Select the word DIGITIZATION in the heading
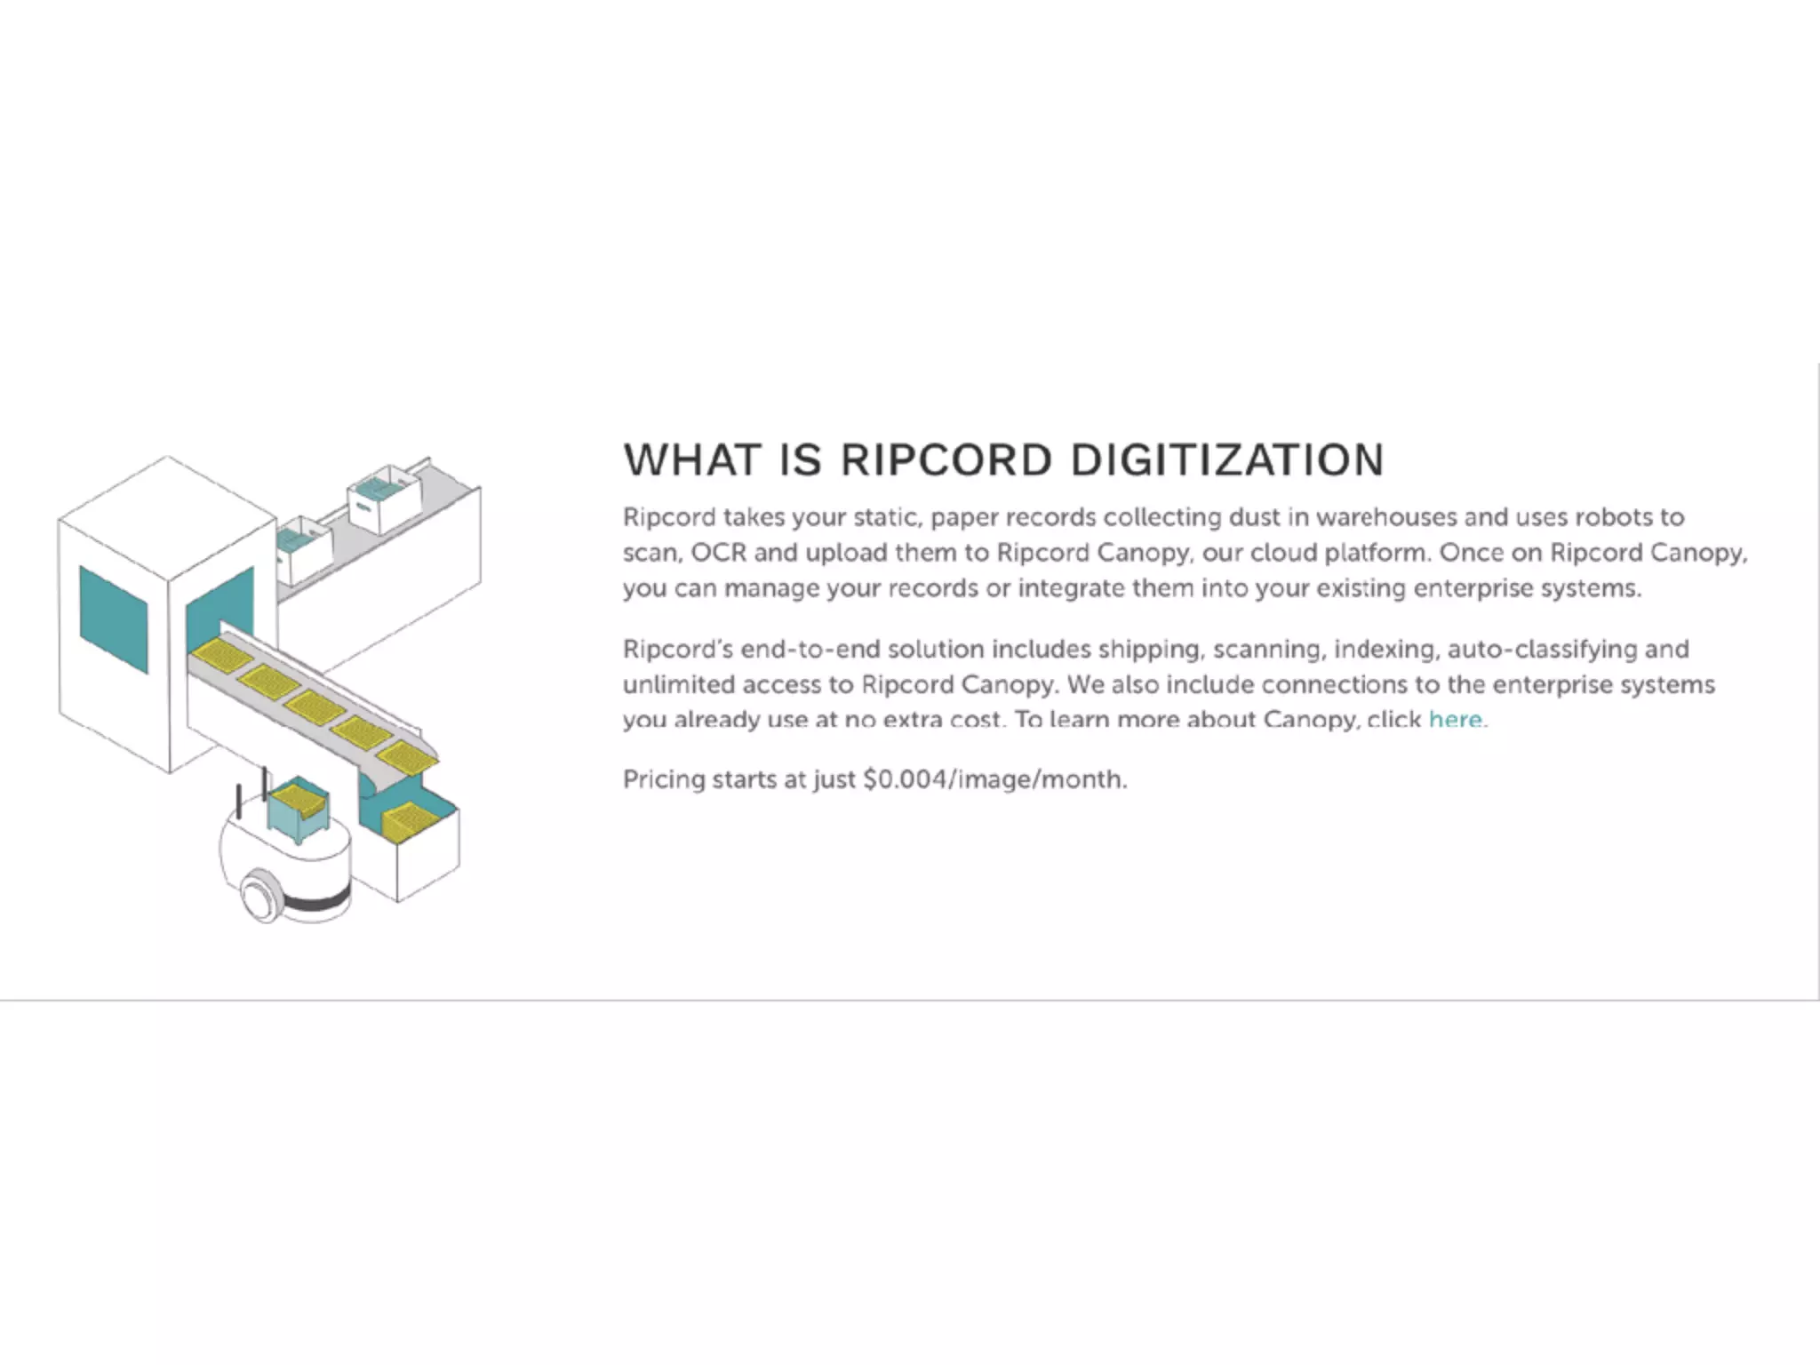point(1227,460)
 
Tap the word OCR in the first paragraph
point(718,553)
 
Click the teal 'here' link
point(1455,719)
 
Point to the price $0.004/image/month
point(994,779)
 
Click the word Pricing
point(663,779)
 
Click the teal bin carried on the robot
point(299,810)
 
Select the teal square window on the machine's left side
point(114,619)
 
